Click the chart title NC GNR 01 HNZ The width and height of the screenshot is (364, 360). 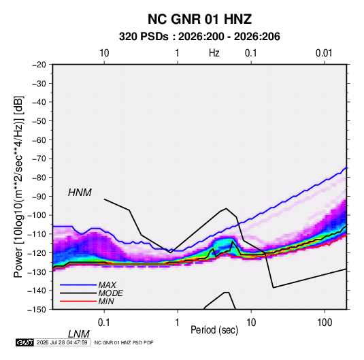(199, 19)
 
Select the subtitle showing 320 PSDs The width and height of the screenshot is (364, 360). (199, 37)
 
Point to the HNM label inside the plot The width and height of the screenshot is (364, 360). (80, 193)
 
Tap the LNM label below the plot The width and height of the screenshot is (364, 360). (78, 334)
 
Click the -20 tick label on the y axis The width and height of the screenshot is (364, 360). (39, 65)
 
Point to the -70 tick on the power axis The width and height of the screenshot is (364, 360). (39, 159)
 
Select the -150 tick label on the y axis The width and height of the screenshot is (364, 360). (37, 310)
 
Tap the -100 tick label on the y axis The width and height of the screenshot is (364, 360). (37, 215)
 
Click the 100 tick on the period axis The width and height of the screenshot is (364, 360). (325, 323)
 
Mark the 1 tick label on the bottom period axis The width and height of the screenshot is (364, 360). (177, 323)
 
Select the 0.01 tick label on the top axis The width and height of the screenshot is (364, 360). (324, 53)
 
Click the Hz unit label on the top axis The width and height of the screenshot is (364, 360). (214, 53)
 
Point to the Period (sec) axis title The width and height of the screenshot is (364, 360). (214, 330)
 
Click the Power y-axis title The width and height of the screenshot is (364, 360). (18, 187)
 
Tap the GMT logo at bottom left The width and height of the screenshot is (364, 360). (25, 342)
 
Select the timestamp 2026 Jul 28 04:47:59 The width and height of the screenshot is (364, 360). (62, 342)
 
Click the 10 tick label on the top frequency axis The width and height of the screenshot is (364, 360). (104, 53)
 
